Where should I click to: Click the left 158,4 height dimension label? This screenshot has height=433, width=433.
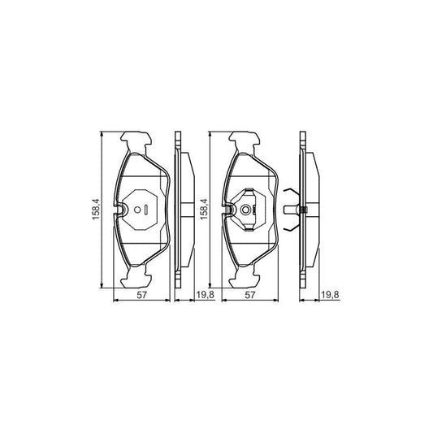[x=95, y=210]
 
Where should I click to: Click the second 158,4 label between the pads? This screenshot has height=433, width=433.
[x=205, y=210]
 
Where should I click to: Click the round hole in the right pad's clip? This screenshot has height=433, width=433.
[x=244, y=210]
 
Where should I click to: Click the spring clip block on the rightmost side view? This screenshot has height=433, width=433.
[x=302, y=211]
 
